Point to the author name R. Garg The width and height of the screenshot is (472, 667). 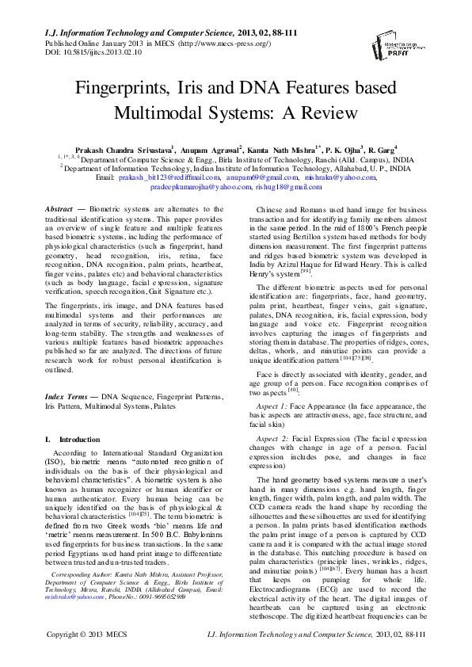tap(379, 150)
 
